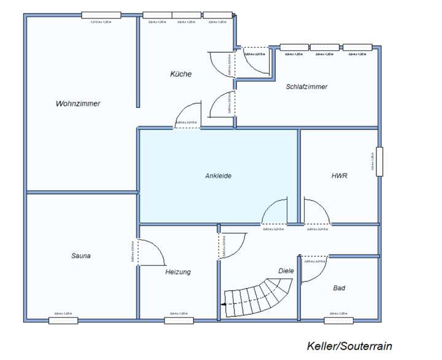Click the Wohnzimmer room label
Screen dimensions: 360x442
[78, 104]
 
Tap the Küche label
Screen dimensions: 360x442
[181, 74]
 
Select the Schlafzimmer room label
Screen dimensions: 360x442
[306, 86]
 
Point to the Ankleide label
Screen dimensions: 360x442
[218, 176]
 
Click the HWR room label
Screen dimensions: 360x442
[339, 176]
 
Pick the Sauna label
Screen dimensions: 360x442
[81, 256]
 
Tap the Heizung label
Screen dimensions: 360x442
[178, 272]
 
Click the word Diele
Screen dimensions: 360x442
[286, 270]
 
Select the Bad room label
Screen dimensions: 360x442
[339, 288]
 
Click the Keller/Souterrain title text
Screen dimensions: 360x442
[349, 346]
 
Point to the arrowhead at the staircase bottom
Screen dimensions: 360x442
[225, 304]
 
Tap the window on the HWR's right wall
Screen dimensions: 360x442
[380, 162]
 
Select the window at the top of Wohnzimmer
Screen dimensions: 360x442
[100, 15]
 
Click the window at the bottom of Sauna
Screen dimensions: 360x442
[63, 320]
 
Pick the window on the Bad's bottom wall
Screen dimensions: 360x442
[339, 320]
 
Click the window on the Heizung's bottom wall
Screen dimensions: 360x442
[179, 320]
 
